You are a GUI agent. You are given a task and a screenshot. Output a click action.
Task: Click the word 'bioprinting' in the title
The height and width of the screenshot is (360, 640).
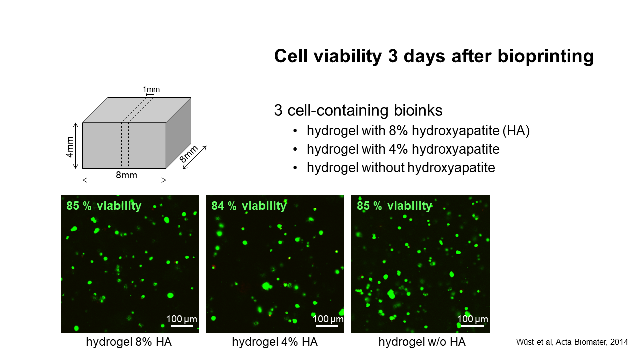[545, 56]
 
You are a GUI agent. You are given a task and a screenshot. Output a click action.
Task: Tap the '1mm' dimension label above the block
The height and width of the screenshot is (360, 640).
[151, 89]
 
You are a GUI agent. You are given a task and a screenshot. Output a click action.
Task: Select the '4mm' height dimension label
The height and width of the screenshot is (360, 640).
[70, 147]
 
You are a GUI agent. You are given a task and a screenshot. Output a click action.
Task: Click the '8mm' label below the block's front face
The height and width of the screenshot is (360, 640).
[126, 175]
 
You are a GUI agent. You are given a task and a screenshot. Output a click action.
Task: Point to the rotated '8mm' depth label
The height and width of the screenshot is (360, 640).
[189, 154]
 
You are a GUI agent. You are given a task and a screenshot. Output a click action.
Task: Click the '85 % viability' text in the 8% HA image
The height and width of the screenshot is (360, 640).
[104, 205]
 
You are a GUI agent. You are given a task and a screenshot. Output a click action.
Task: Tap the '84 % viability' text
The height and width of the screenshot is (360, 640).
[249, 205]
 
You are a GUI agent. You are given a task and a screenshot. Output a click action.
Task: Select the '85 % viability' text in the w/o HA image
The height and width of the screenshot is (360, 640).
[394, 205]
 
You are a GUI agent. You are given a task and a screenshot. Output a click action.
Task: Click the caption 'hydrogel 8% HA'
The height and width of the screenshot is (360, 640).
[129, 342]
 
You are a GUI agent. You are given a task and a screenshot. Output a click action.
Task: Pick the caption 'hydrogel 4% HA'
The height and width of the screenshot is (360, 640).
[275, 342]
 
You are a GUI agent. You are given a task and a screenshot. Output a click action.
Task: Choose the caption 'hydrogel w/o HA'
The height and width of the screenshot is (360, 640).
[422, 342]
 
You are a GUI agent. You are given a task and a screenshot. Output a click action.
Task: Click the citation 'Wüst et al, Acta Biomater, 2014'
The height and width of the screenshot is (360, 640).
[572, 342]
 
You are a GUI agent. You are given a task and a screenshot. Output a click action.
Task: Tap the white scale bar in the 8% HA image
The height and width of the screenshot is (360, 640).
[182, 326]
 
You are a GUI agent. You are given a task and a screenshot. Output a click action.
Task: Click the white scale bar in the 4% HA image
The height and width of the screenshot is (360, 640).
[327, 326]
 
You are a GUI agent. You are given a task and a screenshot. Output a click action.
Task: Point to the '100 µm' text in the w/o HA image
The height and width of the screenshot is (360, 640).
[473, 319]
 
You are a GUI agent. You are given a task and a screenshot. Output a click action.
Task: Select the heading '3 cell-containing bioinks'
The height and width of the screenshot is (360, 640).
[358, 111]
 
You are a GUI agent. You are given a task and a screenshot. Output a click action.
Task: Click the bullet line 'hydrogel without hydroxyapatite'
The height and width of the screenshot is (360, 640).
[401, 167]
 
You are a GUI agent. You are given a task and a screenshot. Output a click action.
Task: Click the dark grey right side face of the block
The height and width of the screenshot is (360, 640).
[179, 133]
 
